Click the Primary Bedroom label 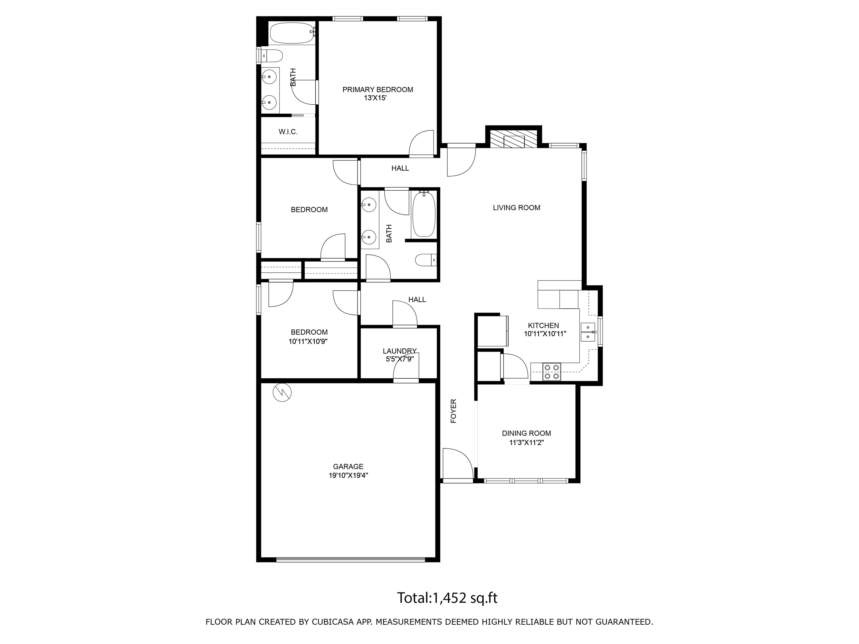tap(377, 90)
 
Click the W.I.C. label tap(288, 132)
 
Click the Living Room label tap(517, 208)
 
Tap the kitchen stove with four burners tap(551, 372)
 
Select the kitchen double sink tap(588, 332)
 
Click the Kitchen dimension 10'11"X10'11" tap(545, 334)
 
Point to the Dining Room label tap(526, 433)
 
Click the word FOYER tap(453, 411)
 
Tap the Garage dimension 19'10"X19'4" tap(348, 475)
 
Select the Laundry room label tap(400, 351)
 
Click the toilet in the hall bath tap(425, 260)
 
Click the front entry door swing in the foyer tap(458, 463)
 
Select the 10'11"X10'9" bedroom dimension tap(308, 342)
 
